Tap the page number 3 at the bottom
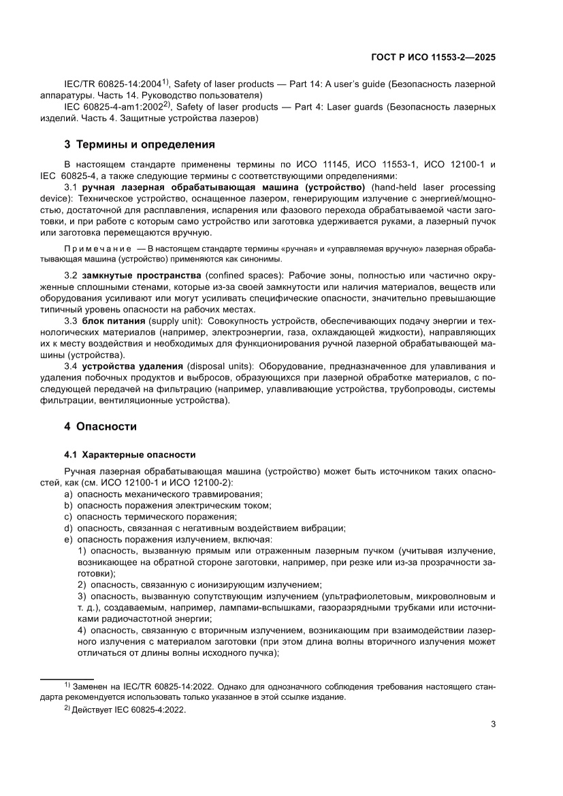tap(492, 724)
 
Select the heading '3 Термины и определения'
tap(140, 144)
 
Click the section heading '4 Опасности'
tap(100, 427)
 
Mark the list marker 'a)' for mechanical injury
tap(68, 493)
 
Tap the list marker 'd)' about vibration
tap(68, 528)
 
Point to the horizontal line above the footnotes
tap(61, 679)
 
